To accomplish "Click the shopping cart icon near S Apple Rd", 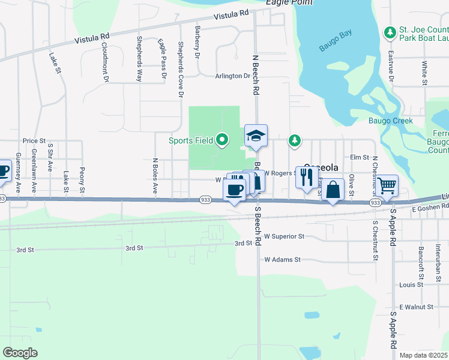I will tap(387, 186).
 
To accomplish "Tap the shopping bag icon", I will tap(333, 190).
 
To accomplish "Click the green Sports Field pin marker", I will tap(222, 140).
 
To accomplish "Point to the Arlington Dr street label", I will tap(232, 76).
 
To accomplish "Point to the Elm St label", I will tap(359, 157).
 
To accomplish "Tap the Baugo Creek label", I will tap(395, 121).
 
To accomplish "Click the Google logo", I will tap(20, 352).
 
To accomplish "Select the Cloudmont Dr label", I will tap(104, 61).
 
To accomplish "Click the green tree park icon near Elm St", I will tap(294, 140).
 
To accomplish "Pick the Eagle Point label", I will tap(289, 3).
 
